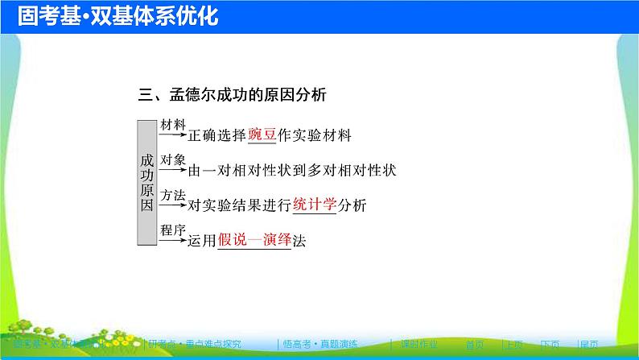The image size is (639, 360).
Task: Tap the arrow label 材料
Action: [173, 125]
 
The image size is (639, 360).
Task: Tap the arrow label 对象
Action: [173, 159]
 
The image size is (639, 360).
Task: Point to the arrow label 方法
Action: [173, 194]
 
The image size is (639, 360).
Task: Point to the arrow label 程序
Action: [173, 230]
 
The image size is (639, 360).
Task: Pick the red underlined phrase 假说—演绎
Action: [254, 240]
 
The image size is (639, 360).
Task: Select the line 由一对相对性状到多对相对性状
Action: [292, 171]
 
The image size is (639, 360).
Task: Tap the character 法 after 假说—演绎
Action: [299, 240]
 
